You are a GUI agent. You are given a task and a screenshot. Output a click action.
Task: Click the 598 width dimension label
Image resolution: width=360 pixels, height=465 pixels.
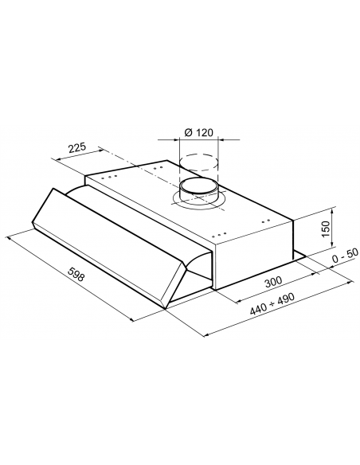coord(76,274)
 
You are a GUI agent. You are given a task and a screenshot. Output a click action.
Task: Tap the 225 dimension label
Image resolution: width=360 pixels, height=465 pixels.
coord(76,147)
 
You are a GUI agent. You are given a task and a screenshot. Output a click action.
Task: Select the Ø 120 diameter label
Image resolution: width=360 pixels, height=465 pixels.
coord(198,132)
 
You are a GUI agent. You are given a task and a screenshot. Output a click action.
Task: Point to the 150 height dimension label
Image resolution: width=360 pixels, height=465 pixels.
coord(326,229)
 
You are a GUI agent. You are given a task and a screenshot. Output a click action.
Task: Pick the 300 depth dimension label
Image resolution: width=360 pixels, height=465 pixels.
coord(273,282)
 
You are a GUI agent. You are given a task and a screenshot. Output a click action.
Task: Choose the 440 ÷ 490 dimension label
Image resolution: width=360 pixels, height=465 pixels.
coord(272,303)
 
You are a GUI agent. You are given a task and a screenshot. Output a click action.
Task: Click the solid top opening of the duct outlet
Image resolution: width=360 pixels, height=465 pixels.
coord(200,186)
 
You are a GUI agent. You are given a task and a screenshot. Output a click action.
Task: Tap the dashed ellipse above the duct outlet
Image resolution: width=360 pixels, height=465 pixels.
coord(199,162)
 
